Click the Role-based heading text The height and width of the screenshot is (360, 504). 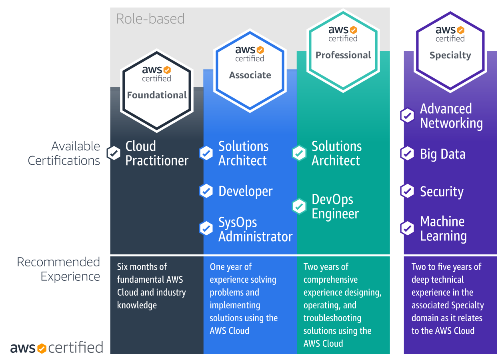click(150, 19)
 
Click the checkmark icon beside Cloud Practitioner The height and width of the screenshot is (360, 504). click(114, 153)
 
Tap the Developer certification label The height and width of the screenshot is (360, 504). click(245, 191)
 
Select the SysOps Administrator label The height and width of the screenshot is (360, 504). click(255, 229)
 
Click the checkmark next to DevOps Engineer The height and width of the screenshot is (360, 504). click(299, 206)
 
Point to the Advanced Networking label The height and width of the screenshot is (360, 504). click(451, 116)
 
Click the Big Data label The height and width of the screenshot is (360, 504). click(442, 154)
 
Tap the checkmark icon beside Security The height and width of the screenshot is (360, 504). click(407, 191)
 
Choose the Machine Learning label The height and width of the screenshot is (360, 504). click(443, 228)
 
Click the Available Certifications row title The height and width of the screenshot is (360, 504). click(64, 153)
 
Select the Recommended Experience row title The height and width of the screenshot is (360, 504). click(58, 269)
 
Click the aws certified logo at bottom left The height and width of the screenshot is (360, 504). click(56, 347)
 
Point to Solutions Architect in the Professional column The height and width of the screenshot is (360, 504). click(336, 153)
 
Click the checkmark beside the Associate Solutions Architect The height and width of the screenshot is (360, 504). click(206, 153)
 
